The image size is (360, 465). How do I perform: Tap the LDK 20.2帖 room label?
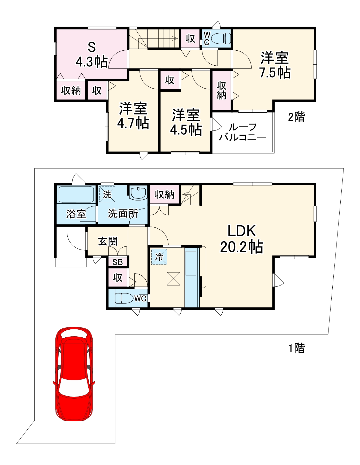(241, 239)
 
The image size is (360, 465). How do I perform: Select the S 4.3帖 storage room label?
(92, 55)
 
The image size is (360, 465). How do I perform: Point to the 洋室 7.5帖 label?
(275, 65)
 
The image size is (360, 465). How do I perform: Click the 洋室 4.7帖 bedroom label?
(133, 116)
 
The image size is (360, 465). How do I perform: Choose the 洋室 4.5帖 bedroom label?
(186, 122)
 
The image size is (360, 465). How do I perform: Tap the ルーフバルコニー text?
(242, 132)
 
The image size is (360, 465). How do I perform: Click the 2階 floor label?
(296, 117)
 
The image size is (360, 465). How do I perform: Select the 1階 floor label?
(296, 348)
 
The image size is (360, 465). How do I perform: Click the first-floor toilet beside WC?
(124, 298)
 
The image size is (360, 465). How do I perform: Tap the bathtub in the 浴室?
(76, 194)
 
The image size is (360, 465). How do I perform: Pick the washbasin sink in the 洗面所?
(138, 193)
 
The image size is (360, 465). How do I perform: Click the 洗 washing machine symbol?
(107, 194)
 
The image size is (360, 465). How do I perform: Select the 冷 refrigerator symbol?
(159, 257)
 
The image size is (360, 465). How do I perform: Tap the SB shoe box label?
(118, 262)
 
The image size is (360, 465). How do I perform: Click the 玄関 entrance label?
(108, 241)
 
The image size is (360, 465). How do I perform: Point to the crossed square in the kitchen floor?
(174, 279)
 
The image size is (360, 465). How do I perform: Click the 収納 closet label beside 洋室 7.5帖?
(222, 90)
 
